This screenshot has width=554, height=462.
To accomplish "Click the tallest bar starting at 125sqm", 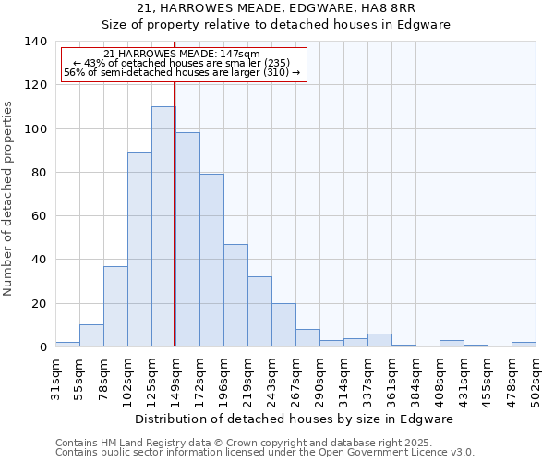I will [163, 226].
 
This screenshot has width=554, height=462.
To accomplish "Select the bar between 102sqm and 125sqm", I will [139, 249].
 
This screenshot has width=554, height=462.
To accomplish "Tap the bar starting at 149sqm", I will [187, 239].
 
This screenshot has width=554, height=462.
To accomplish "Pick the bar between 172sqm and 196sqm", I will [211, 260].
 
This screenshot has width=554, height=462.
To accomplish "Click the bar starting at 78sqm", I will [115, 306].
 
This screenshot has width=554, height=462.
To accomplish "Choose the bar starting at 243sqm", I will [283, 324].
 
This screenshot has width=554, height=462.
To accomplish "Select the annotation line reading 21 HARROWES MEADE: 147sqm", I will [182, 55].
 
